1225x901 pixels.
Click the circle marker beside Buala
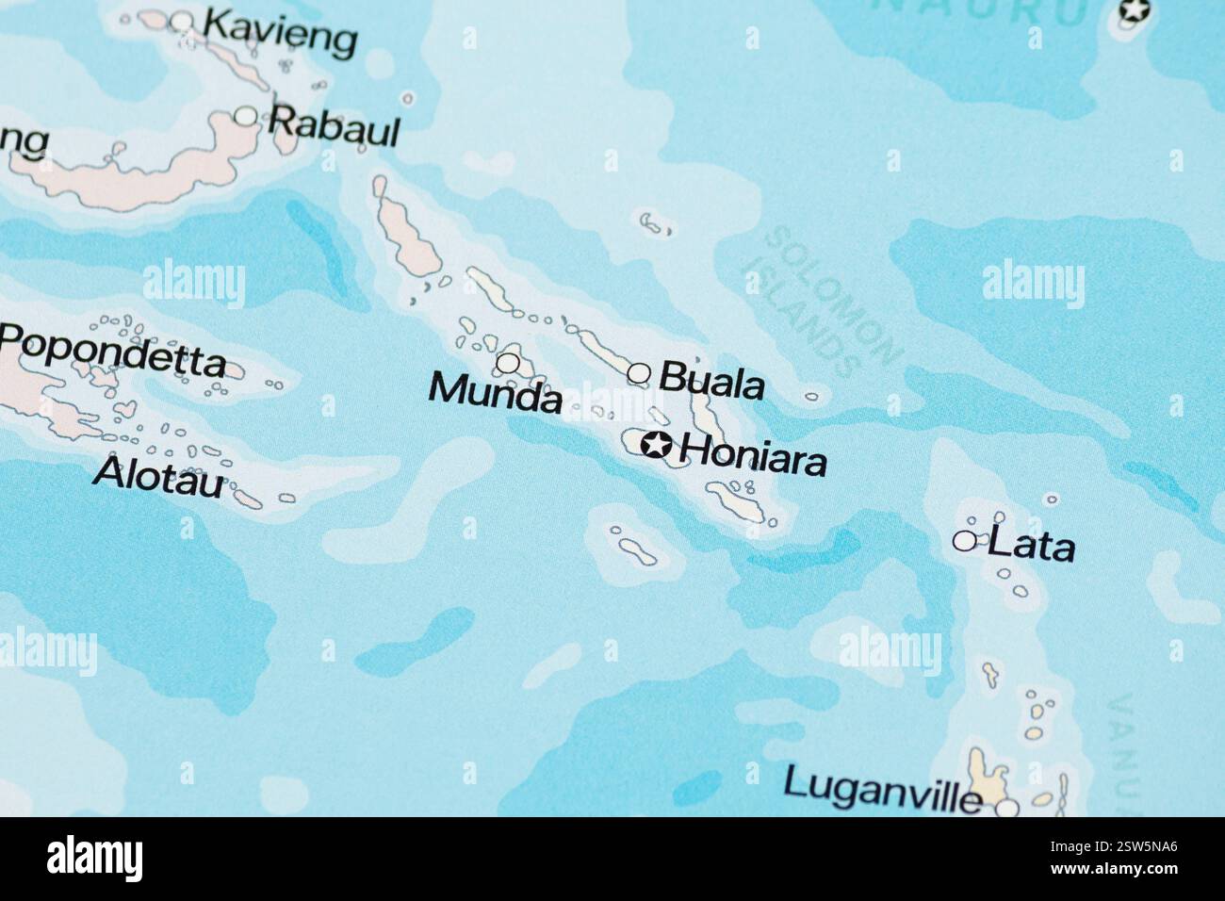tap(639, 374)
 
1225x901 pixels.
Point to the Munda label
tap(495, 393)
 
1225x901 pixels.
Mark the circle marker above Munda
tap(508, 362)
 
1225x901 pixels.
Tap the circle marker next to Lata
tap(965, 541)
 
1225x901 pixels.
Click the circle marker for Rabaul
tap(246, 116)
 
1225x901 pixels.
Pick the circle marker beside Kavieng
tap(182, 23)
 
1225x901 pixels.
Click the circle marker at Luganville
tap(1007, 808)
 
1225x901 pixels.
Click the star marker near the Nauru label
tap(1134, 11)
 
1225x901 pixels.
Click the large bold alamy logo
tap(95, 859)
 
